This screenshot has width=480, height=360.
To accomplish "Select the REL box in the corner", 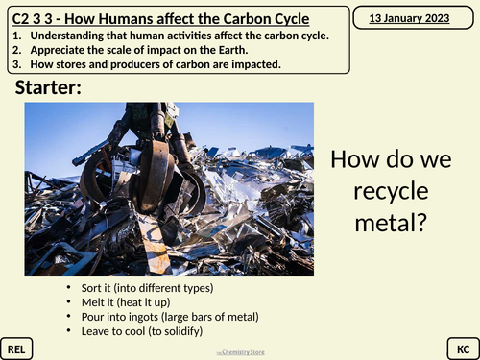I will click(x=18, y=347).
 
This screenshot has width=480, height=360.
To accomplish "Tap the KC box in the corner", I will click(x=461, y=347).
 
